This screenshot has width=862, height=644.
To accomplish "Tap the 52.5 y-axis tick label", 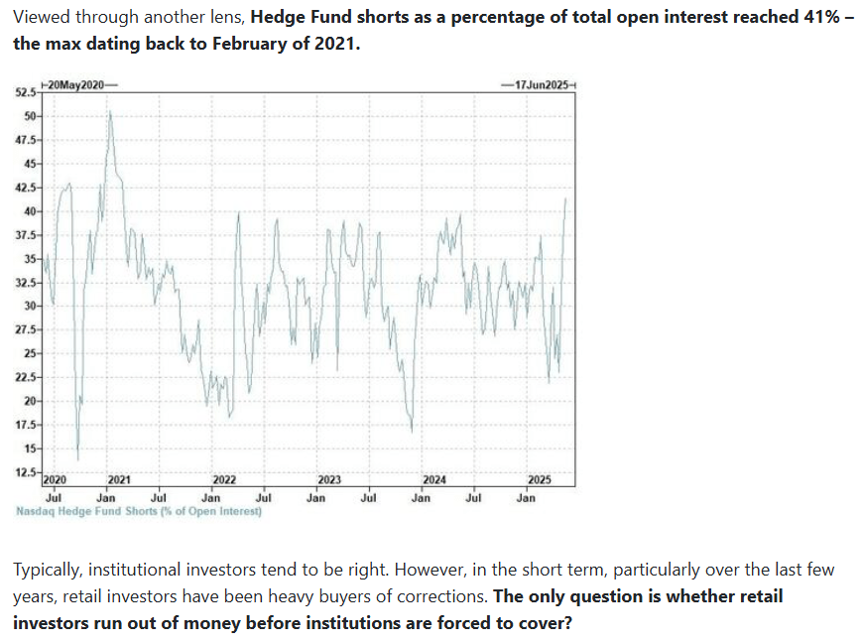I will point(25,92).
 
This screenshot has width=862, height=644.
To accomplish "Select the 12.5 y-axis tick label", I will point(25,471).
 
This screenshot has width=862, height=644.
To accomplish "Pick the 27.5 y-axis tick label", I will point(25,329).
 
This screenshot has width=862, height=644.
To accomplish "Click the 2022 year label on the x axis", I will point(224,480).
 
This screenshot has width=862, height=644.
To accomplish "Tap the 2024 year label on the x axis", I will point(434,480).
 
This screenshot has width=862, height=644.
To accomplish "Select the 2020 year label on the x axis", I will point(56,480).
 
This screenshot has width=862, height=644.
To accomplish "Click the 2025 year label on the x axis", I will point(540,480).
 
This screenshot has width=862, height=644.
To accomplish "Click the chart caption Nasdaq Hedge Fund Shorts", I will point(139,512).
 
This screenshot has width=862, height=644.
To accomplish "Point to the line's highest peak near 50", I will point(110,111).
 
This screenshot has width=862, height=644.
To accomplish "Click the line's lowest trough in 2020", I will point(77,458).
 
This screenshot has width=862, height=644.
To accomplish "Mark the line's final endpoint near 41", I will point(565,198).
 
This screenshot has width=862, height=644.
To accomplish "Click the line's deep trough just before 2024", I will point(412,430).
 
